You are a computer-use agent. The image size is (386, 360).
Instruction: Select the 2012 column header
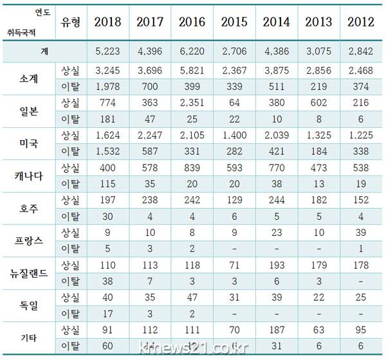[x=361, y=22]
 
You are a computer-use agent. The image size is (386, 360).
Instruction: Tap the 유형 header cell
[x=70, y=22]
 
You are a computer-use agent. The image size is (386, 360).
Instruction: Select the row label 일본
[x=29, y=109]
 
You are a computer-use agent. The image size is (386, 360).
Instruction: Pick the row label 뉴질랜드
[x=29, y=273]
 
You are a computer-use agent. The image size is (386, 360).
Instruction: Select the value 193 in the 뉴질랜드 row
[x=276, y=265]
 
